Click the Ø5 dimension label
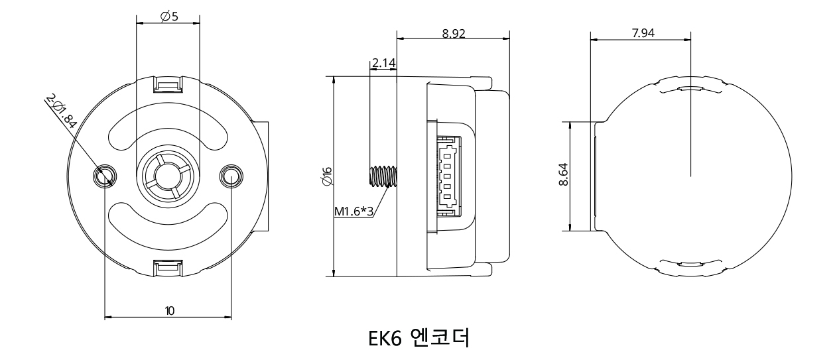[x=169, y=16]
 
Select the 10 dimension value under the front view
[x=170, y=310]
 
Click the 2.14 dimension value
[x=384, y=64]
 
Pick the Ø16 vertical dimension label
[x=326, y=176]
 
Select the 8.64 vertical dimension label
[x=562, y=176]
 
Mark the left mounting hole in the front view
[x=105, y=176]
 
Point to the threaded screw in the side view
[x=381, y=176]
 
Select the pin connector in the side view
[x=447, y=176]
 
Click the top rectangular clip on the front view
[x=168, y=84]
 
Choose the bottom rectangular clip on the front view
[x=167, y=267]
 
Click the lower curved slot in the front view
[x=168, y=223]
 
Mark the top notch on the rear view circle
[x=690, y=87]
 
